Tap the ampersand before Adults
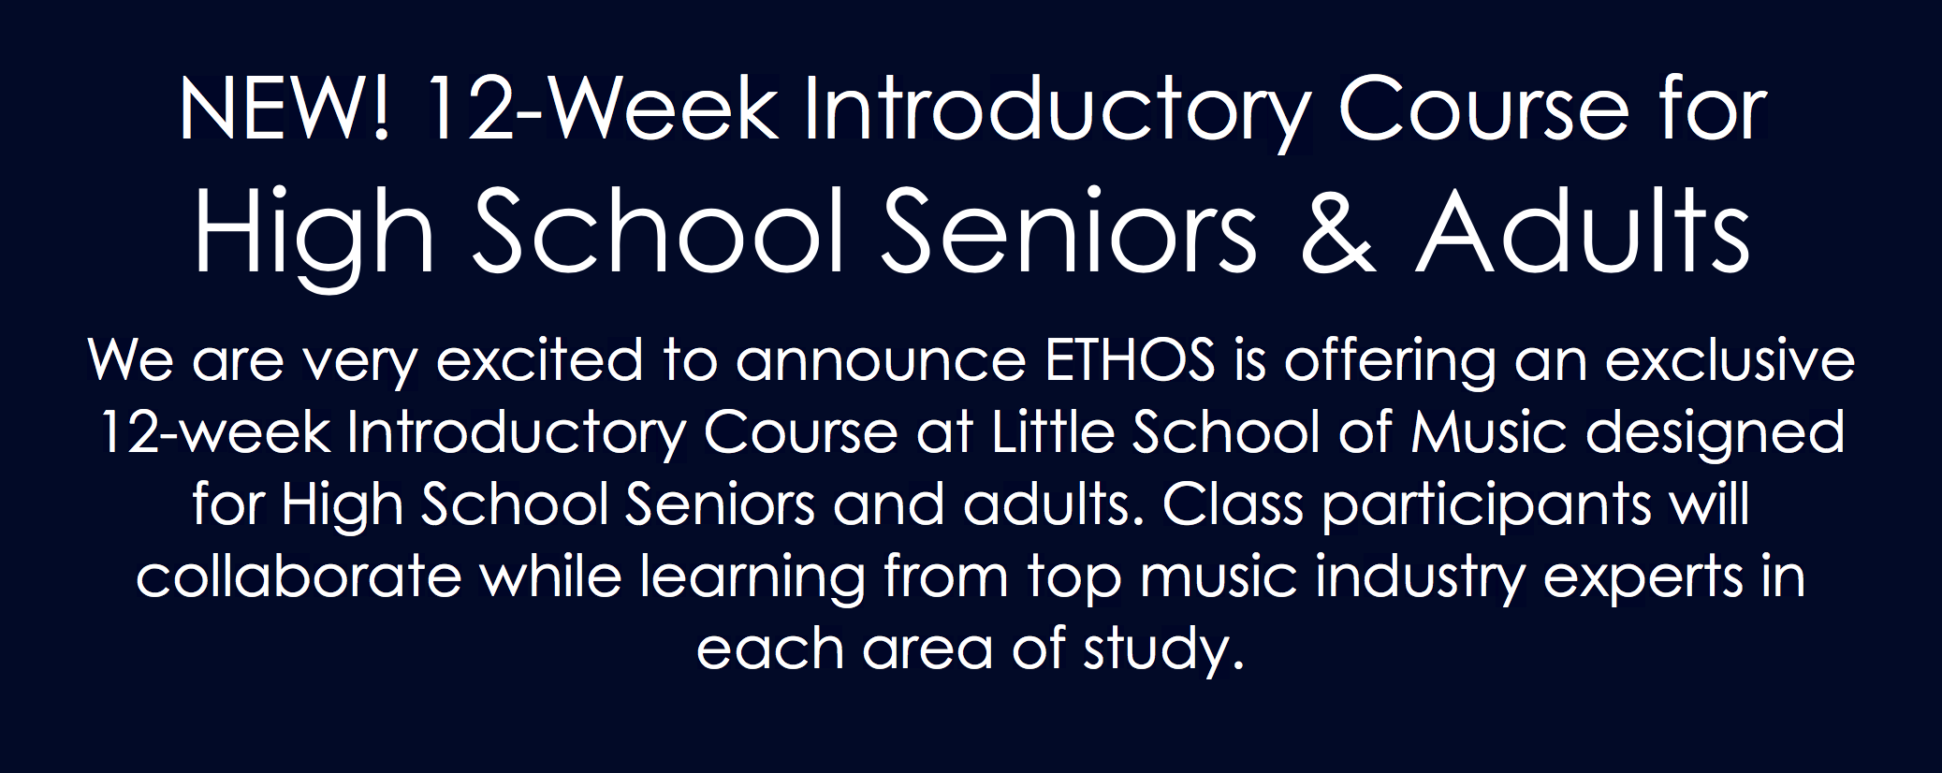1337,232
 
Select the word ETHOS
1130,360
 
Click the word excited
540,360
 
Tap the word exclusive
1730,360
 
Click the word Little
1053,432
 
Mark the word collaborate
299,576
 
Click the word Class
1233,504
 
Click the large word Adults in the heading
1583,232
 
